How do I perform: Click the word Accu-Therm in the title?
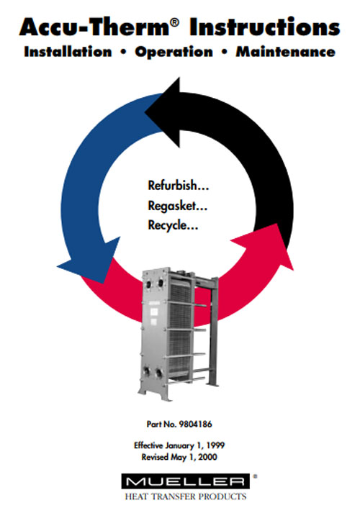coord(95,27)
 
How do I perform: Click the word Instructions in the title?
coord(265,27)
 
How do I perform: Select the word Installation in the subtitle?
coord(68,52)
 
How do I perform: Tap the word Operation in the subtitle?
coord(174,53)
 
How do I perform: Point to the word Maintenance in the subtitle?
coord(286,52)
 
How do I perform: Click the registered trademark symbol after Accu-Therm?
coord(175,22)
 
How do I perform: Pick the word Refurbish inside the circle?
coord(173,185)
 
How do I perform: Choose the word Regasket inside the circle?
coord(172,205)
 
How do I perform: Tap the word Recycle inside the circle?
coord(168,225)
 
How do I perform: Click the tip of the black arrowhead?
coord(145,112)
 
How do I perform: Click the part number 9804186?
coord(196,425)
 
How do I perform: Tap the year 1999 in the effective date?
coord(215,445)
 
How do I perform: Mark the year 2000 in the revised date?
coord(207,457)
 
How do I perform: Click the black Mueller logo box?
coord(186,481)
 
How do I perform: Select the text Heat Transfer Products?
coord(186,496)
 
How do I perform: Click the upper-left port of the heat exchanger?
coord(148,284)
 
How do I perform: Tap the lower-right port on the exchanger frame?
coord(158,373)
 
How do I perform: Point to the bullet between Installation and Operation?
coord(123,52)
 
